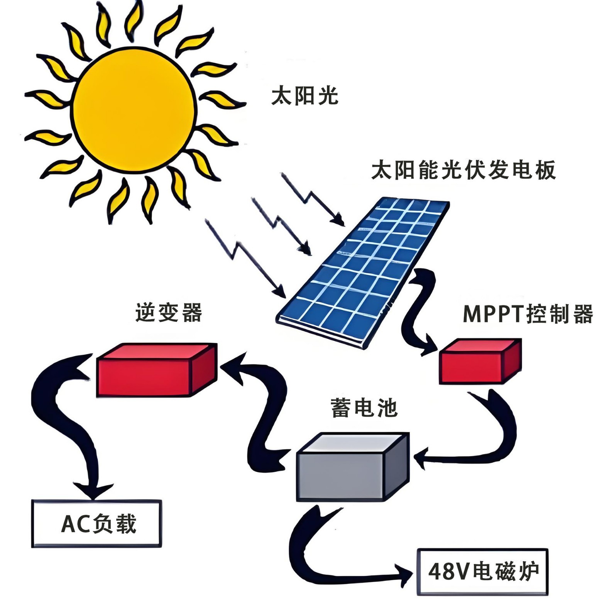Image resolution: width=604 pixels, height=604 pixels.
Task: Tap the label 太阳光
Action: pyautogui.click(x=305, y=95)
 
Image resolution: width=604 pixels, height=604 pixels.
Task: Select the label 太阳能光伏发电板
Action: pyautogui.click(x=464, y=170)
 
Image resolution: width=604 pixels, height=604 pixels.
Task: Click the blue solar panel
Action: pyautogui.click(x=363, y=272)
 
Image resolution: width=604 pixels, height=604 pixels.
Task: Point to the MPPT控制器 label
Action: pyautogui.click(x=528, y=314)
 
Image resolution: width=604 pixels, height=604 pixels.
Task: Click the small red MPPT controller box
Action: pyautogui.click(x=480, y=361)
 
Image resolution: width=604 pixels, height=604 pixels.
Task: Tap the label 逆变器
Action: pyautogui.click(x=169, y=312)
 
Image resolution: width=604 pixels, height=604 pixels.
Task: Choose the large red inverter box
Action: pyautogui.click(x=156, y=370)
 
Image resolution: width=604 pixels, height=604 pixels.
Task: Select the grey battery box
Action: pyautogui.click(x=352, y=467)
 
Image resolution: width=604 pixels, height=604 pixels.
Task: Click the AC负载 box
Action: pyautogui.click(x=96, y=523)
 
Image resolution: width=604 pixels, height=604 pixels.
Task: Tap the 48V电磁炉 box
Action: pyautogui.click(x=482, y=572)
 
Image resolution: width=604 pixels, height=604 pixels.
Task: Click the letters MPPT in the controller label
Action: pyautogui.click(x=494, y=314)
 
